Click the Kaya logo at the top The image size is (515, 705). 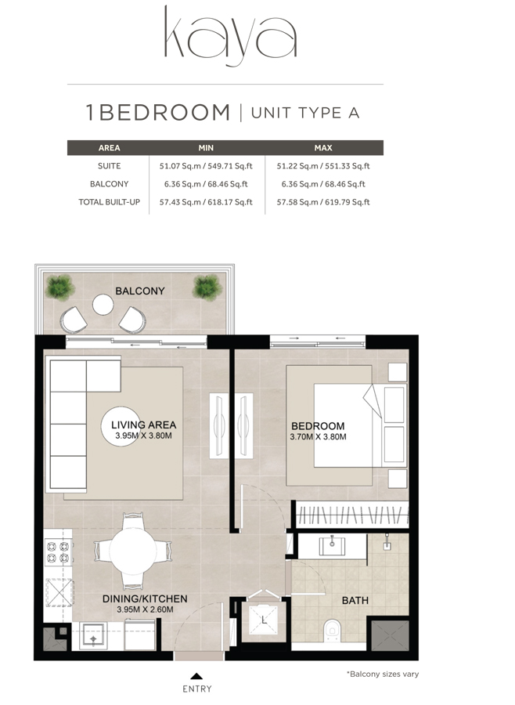pyautogui.click(x=230, y=35)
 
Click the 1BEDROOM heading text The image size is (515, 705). pyautogui.click(x=158, y=112)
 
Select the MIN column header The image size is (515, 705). pyautogui.click(x=206, y=147)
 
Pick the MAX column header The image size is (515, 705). pyautogui.click(x=323, y=147)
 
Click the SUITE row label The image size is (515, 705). pyautogui.click(x=109, y=166)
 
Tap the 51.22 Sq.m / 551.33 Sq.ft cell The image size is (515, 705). pyautogui.click(x=323, y=166)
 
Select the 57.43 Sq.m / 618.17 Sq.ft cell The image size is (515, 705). pyautogui.click(x=206, y=202)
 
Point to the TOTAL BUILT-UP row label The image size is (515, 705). pyautogui.click(x=109, y=202)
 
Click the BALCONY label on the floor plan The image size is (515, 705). pyautogui.click(x=140, y=291)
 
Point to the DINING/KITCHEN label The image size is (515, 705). pyautogui.click(x=145, y=598)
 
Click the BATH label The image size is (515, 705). pyautogui.click(x=355, y=601)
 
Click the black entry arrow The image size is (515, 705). pyautogui.click(x=196, y=675)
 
